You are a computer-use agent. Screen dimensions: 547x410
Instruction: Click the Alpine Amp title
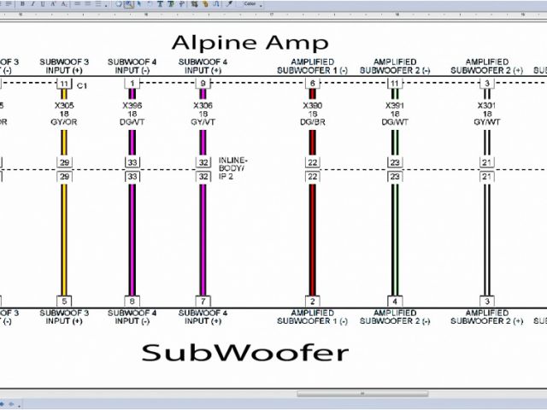(250, 43)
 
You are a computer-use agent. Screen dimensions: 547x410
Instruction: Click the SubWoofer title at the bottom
(245, 352)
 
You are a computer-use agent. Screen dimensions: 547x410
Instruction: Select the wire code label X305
(64, 105)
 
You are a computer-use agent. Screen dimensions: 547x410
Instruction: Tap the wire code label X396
(132, 105)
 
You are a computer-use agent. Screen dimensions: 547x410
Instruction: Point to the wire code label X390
(313, 105)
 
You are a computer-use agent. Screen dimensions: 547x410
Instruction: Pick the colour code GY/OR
(64, 121)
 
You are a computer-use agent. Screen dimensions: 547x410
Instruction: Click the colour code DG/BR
(313, 121)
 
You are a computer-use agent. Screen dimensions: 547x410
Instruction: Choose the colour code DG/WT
(395, 121)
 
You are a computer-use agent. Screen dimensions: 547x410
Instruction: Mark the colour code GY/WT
(486, 121)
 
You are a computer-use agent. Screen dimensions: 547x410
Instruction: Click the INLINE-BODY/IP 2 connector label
(235, 167)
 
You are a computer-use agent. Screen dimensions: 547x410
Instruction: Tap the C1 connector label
(83, 85)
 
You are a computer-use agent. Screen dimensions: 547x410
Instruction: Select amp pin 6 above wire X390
(313, 84)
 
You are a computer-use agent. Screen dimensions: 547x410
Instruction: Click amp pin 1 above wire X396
(132, 84)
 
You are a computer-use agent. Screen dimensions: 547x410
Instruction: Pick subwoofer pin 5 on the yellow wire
(64, 301)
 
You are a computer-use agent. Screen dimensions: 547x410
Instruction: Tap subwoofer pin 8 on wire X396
(132, 301)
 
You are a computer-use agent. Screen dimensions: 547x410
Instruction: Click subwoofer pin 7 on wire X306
(203, 301)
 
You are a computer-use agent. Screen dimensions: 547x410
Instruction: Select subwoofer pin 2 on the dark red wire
(313, 301)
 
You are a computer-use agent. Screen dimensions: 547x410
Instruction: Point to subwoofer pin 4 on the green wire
(395, 301)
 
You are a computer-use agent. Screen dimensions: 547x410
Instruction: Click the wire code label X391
(395, 105)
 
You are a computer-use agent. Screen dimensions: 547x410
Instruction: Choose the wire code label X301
(486, 105)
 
